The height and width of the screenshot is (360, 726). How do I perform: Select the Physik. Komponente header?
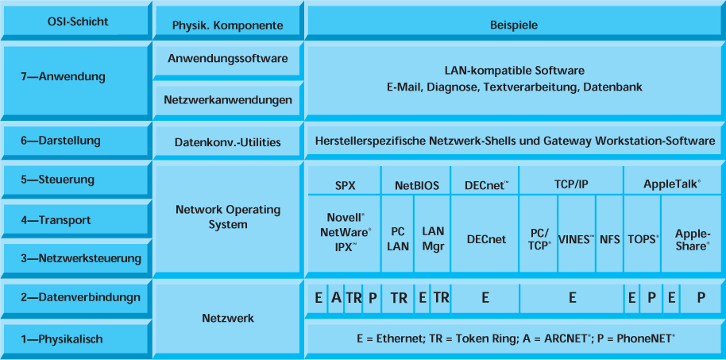click(227, 25)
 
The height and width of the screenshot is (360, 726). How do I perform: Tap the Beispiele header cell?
click(514, 25)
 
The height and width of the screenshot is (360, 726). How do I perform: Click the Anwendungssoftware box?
click(227, 59)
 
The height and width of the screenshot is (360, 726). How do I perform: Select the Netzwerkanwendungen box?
click(227, 100)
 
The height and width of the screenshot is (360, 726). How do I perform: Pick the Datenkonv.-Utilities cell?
click(227, 142)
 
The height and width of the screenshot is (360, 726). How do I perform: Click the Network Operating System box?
click(227, 217)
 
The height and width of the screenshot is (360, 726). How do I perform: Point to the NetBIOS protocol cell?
click(416, 185)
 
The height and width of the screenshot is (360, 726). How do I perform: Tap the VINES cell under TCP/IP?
click(576, 238)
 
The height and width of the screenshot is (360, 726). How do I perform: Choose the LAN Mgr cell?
click(433, 238)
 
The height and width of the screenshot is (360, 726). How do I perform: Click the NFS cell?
click(610, 238)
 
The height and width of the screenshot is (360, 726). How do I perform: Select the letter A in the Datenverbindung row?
click(336, 298)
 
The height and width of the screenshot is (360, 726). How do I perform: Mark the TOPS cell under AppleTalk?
click(643, 238)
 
